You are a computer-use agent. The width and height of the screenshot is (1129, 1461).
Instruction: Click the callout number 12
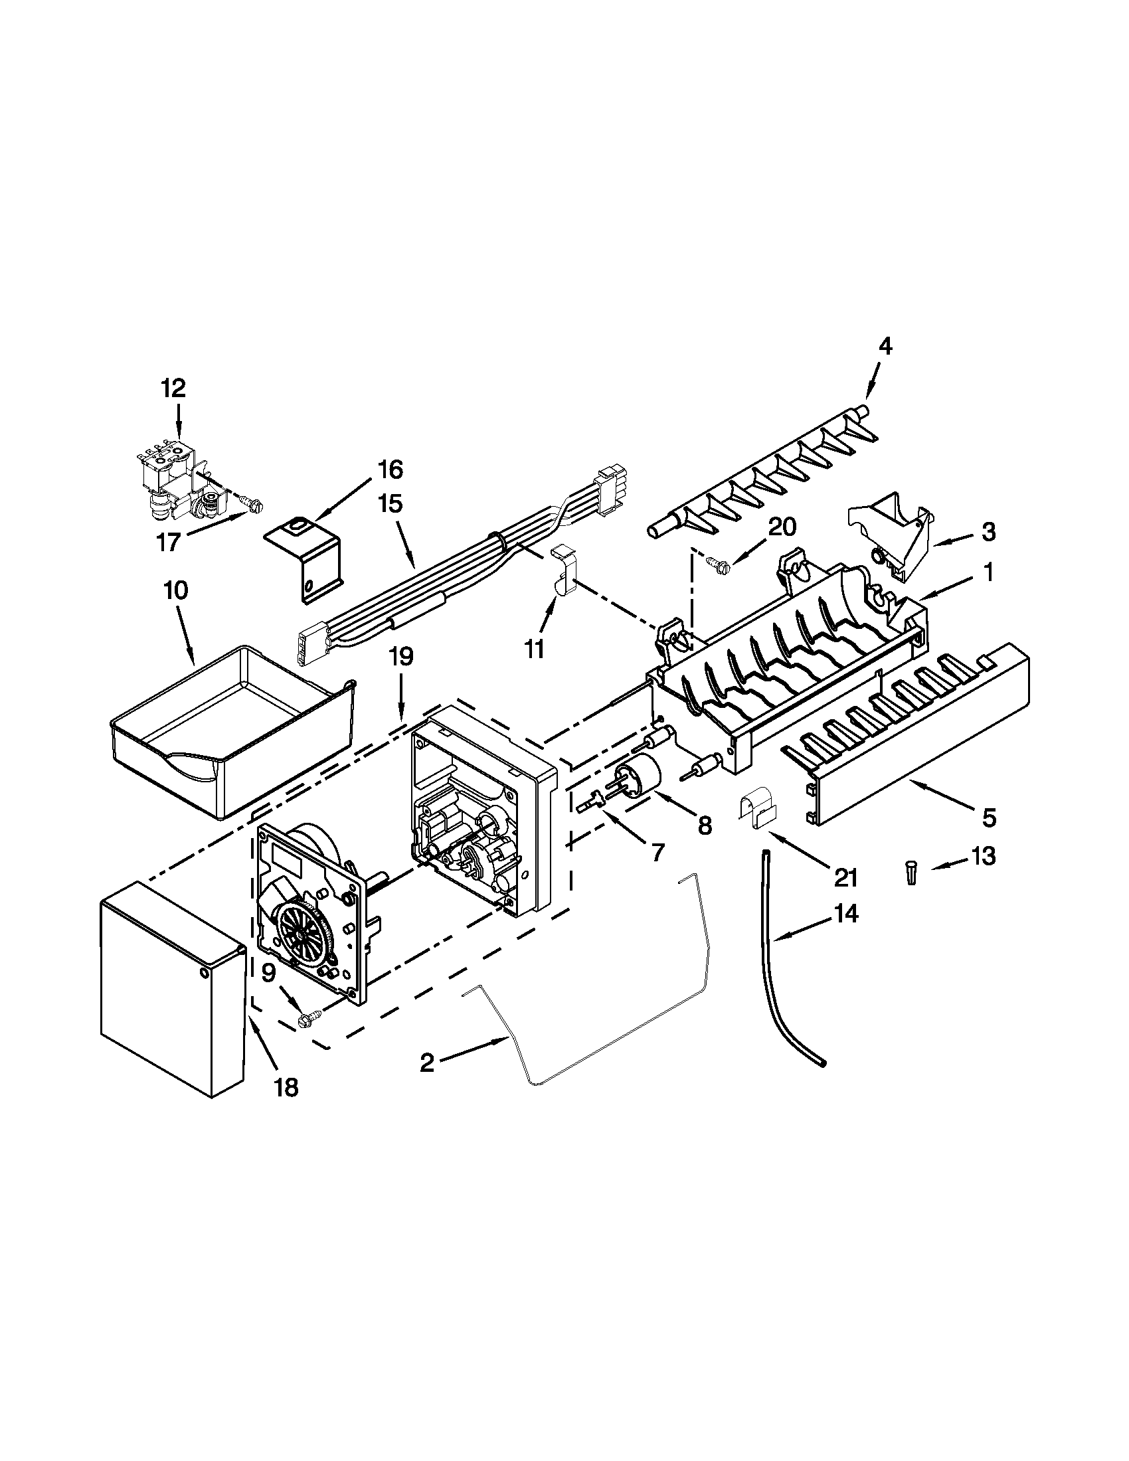173,388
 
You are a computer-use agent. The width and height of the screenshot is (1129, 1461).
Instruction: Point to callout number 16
391,470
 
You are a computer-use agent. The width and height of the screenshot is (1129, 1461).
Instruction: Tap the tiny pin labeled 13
911,875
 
